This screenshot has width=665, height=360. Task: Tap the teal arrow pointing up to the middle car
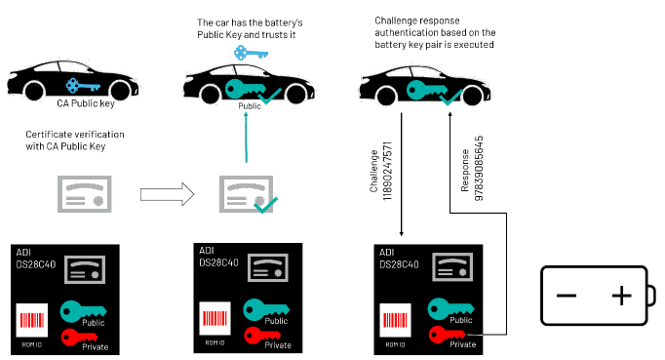[x=247, y=138]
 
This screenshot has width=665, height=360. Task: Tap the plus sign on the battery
[x=620, y=296]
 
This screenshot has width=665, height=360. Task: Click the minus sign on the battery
[x=567, y=296]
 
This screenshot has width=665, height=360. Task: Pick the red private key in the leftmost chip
[x=82, y=338]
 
